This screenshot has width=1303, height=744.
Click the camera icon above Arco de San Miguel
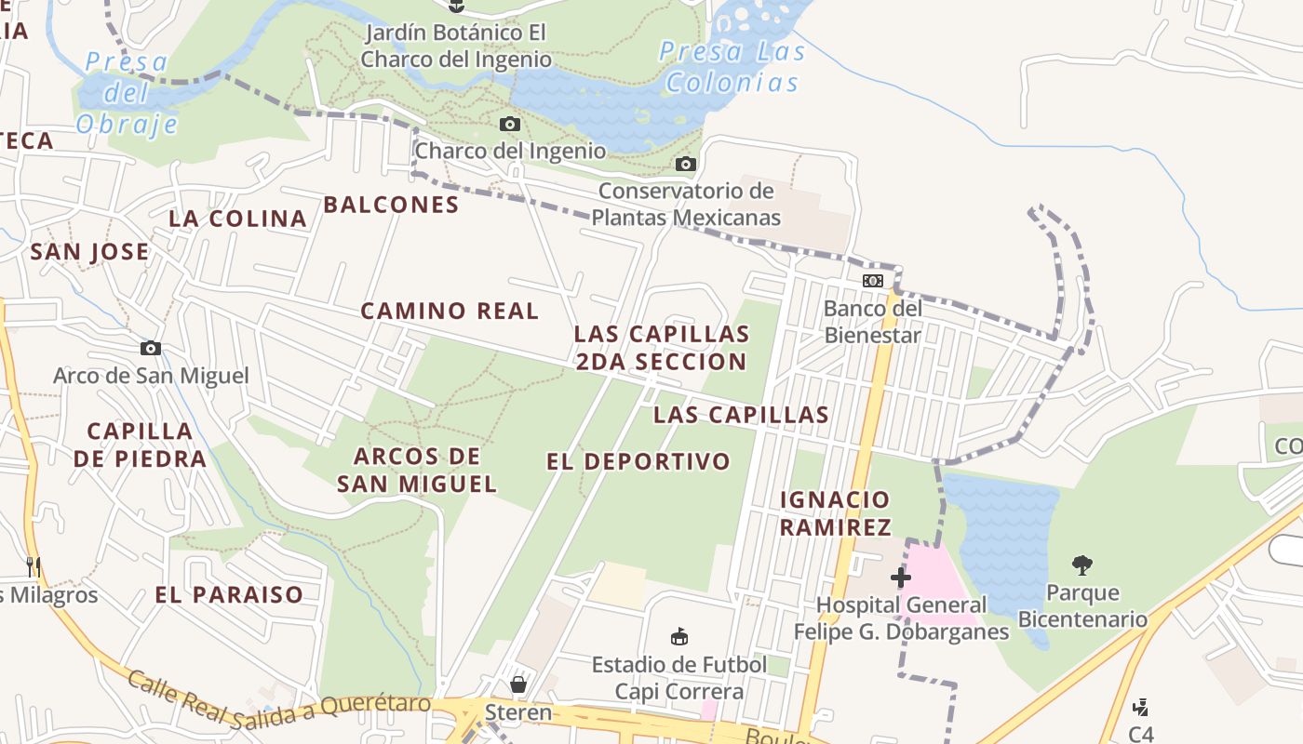point(151,349)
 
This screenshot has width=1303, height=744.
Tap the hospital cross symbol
point(900,578)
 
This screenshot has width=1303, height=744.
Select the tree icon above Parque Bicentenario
point(1081,565)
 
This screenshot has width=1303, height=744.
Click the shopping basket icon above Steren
point(518,684)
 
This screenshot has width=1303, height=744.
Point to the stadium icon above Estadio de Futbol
point(679,637)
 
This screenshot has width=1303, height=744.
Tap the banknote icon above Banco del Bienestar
point(872,280)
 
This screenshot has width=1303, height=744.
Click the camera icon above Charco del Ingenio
point(509,124)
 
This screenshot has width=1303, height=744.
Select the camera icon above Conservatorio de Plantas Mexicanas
point(686,165)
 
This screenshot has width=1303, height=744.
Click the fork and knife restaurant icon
point(34,566)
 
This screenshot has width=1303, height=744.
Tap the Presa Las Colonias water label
point(732,67)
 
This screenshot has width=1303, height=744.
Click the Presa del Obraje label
point(128,93)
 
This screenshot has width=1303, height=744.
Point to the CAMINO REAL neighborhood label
point(450,311)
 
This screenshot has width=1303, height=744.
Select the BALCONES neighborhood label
point(391,205)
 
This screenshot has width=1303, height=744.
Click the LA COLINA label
point(238,219)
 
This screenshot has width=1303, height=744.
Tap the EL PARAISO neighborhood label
point(229,594)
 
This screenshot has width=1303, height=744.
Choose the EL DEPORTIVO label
point(638,461)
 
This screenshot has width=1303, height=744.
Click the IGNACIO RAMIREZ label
point(835,513)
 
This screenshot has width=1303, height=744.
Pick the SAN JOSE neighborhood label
point(89,251)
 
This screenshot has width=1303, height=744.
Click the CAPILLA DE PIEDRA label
point(140,445)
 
